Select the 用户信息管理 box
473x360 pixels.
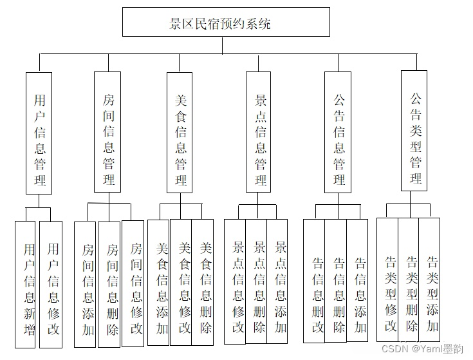pyautogui.click(x=39, y=133)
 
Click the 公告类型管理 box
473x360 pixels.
pyautogui.click(x=414, y=131)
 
